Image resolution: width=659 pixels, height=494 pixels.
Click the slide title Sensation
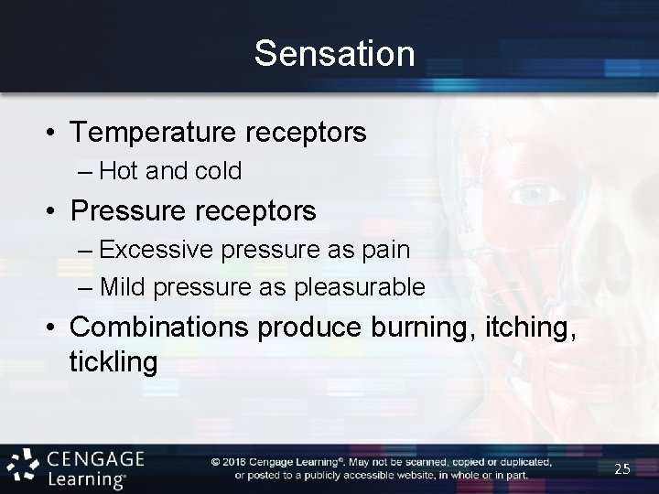coord(334,53)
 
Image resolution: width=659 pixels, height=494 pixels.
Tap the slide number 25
coord(622,468)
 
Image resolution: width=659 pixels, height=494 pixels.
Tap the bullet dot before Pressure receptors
coord(53,211)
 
